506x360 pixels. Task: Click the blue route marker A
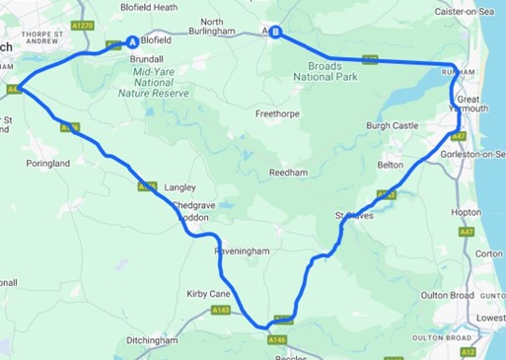132,42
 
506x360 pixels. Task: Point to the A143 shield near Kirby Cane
221,310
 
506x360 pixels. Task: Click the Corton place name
488,253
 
